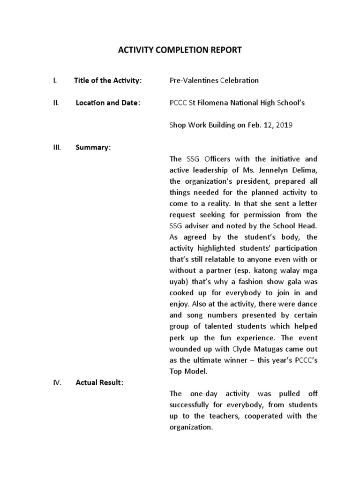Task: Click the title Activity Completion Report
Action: pyautogui.click(x=180, y=50)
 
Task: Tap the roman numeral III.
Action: pyautogui.click(x=56, y=148)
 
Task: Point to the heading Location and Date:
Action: pyautogui.click(x=107, y=103)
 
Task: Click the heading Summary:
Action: pyautogui.click(x=93, y=148)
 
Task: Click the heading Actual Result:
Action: pyautogui.click(x=100, y=382)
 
